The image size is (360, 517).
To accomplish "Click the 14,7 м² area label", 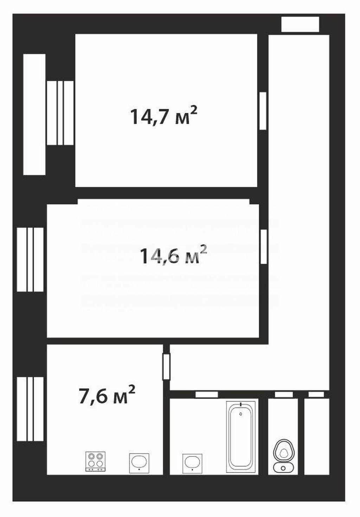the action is click(164, 116).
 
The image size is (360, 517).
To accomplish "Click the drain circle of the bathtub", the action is click(241, 414).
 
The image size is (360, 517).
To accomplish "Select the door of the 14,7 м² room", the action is click(263, 111).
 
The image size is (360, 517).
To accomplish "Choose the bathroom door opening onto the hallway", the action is click(207, 394).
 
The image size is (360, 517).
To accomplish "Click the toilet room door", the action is click(284, 394).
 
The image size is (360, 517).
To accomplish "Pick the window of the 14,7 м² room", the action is click(60, 113).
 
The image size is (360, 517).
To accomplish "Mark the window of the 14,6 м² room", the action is click(30, 260).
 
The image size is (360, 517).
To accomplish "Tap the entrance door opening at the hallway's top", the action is click(300, 24).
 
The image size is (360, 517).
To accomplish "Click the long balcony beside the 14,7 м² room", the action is click(34, 115).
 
